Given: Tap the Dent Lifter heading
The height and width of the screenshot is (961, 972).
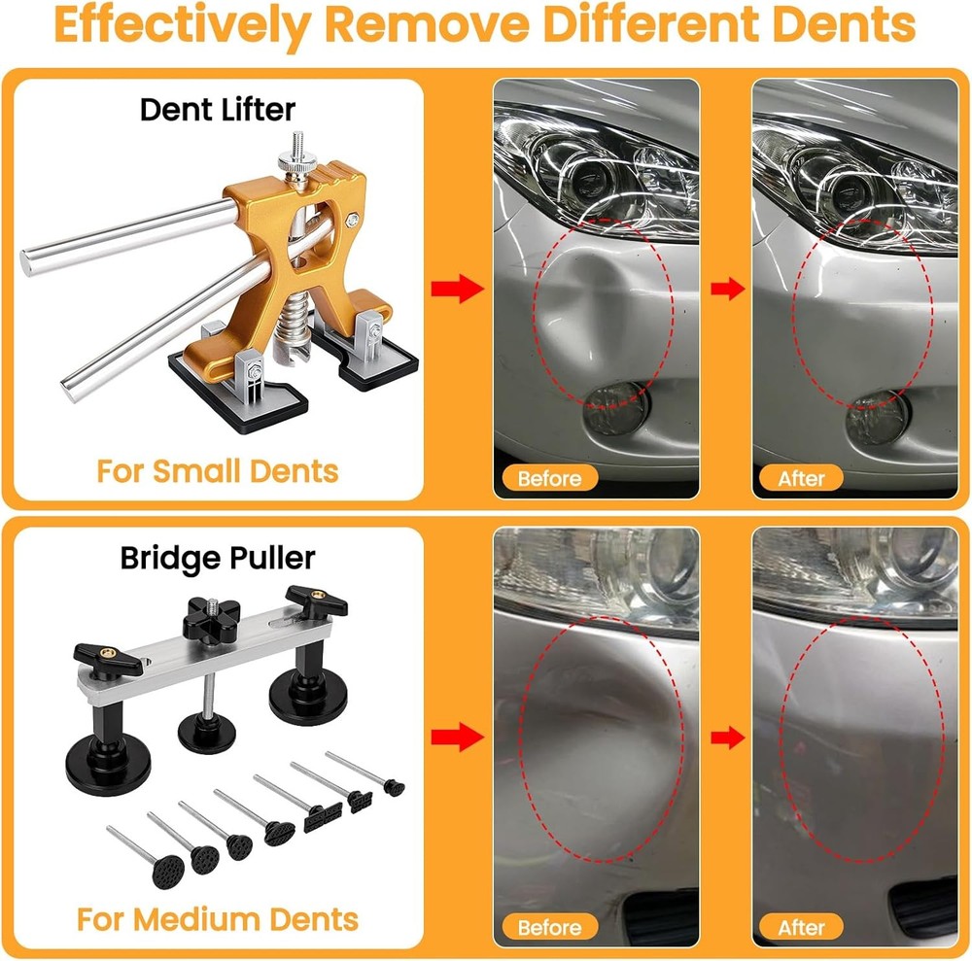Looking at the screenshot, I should tap(217, 109).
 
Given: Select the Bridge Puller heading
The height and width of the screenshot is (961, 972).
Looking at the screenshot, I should tap(218, 558).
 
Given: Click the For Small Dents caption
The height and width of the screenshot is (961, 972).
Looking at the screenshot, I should tap(217, 471).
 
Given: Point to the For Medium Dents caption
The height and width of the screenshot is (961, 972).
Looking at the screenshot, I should tap(218, 917).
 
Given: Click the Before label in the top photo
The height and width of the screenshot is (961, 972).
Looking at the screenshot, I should tap(549, 478).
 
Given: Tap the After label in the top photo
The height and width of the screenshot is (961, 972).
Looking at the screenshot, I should tap(801, 478).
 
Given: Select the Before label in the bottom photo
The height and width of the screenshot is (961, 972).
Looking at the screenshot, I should tap(549, 927).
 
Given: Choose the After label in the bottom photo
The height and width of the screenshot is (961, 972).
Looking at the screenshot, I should tap(801, 927).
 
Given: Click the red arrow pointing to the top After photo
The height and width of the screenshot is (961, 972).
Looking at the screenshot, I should tap(725, 289).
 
